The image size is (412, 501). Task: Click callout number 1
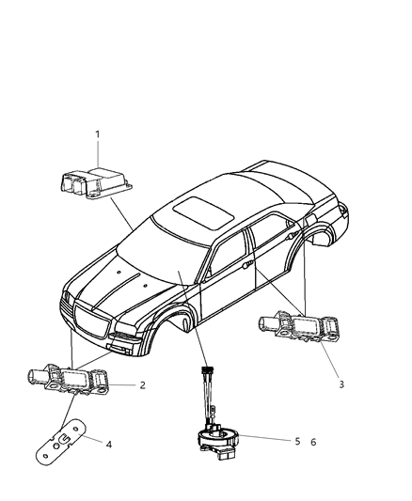pyautogui.click(x=97, y=135)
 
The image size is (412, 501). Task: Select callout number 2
pyautogui.click(x=142, y=384)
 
